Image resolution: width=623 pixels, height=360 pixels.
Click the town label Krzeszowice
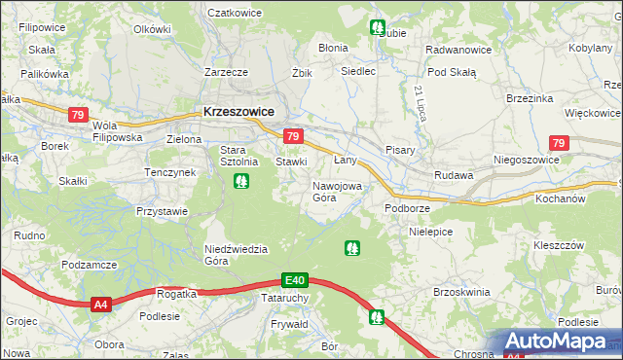[238, 112]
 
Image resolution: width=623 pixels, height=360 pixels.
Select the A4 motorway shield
[100, 306]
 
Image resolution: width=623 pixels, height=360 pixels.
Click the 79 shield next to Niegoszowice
[557, 143]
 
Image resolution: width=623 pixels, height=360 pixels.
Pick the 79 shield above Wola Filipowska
[77, 115]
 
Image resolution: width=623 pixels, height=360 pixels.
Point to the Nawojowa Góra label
[337, 191]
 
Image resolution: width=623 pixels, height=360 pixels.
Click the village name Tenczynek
[170, 172]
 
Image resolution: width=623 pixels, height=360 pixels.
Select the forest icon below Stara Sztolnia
[240, 180]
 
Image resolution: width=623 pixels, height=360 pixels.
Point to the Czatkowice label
[238, 14]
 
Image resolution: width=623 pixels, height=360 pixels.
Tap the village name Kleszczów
[559, 245]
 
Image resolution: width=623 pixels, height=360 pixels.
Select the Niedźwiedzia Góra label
[236, 255]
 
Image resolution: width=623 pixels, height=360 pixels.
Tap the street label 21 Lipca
[420, 103]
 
